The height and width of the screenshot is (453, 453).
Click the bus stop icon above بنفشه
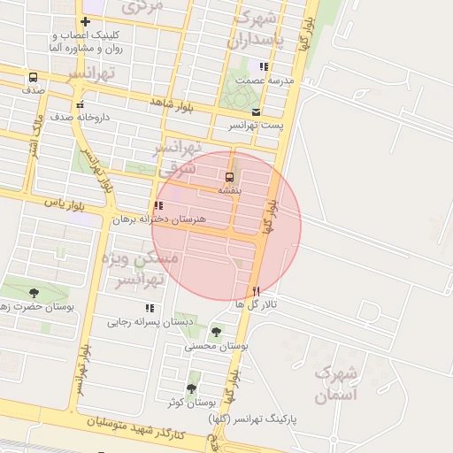tap(230, 177)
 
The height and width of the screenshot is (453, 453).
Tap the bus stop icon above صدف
tap(33, 78)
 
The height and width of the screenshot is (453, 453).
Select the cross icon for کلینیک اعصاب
tap(85, 22)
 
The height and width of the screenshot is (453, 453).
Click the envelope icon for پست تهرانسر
tap(256, 112)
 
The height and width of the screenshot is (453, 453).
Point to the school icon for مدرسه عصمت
tap(263, 66)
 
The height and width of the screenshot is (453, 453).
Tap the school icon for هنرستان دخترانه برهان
tap(158, 205)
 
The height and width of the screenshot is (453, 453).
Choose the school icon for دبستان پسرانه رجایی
tap(150, 308)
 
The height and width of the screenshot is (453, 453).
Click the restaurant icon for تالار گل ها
tap(257, 290)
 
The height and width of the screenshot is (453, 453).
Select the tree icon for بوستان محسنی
tap(216, 332)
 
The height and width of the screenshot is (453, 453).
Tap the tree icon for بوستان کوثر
tap(191, 388)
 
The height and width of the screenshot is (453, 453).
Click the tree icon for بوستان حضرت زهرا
tap(34, 293)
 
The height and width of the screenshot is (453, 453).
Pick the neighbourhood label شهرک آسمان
tap(337, 384)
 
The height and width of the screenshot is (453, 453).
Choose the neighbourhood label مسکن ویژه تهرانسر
tap(146, 268)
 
